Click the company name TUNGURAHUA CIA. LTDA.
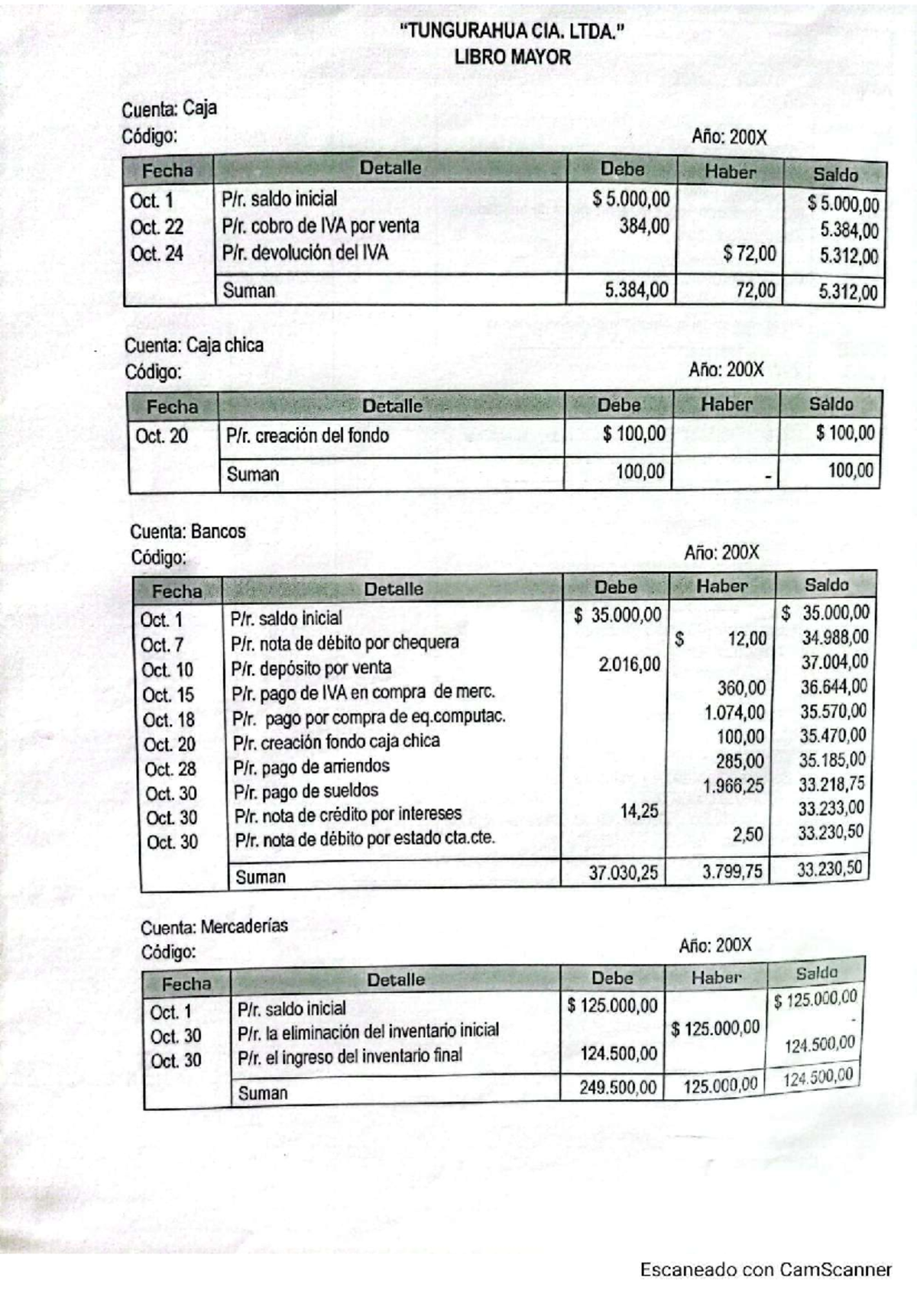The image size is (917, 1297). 507,31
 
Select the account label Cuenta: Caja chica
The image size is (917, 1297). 194,345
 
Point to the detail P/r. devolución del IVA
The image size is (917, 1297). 305,252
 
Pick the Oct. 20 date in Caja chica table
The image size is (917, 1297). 161,436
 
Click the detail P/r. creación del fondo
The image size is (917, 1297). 307,435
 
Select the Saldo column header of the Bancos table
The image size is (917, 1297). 826,585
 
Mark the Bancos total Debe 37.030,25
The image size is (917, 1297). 623,872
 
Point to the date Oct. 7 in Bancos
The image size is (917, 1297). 162,645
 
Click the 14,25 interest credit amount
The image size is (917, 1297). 639,811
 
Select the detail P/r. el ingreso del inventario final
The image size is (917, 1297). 350,1056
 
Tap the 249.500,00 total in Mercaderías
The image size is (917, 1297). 617,1087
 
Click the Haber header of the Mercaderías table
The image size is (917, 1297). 716,977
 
